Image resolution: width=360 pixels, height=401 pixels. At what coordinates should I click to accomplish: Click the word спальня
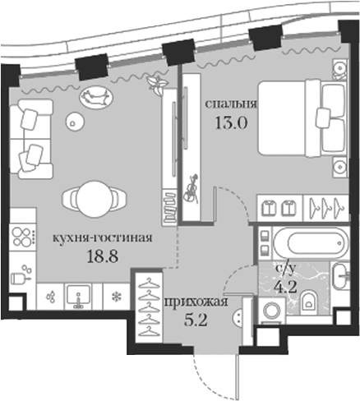click(231, 104)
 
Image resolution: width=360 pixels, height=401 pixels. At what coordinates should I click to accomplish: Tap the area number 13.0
click(232, 122)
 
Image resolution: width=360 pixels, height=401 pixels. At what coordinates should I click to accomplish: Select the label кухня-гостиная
click(102, 237)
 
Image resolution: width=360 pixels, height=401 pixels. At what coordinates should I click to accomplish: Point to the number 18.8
click(103, 256)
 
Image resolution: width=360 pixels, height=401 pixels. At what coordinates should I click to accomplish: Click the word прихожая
click(196, 302)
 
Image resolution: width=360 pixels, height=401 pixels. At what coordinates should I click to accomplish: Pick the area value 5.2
click(196, 320)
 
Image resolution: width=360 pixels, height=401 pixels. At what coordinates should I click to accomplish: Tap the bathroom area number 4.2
click(285, 287)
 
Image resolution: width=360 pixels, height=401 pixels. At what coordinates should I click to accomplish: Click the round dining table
click(95, 199)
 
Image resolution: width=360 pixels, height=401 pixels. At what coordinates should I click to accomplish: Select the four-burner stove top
click(22, 237)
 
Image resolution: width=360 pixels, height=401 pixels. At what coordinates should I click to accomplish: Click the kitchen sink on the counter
click(78, 297)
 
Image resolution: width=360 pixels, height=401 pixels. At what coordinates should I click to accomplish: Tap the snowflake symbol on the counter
click(117, 296)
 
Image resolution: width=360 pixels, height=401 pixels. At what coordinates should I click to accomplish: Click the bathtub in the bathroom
click(312, 243)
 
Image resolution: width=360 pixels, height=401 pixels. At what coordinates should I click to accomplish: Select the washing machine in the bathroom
click(271, 311)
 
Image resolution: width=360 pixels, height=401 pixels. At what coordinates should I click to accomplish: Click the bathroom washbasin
click(339, 275)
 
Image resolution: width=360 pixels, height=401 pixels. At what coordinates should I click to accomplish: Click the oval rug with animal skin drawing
click(96, 98)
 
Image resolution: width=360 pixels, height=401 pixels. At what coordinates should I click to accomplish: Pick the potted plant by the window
click(157, 83)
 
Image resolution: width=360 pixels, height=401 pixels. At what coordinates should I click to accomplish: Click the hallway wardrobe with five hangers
click(149, 307)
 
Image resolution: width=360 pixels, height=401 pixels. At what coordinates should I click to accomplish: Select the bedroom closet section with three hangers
click(326, 208)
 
